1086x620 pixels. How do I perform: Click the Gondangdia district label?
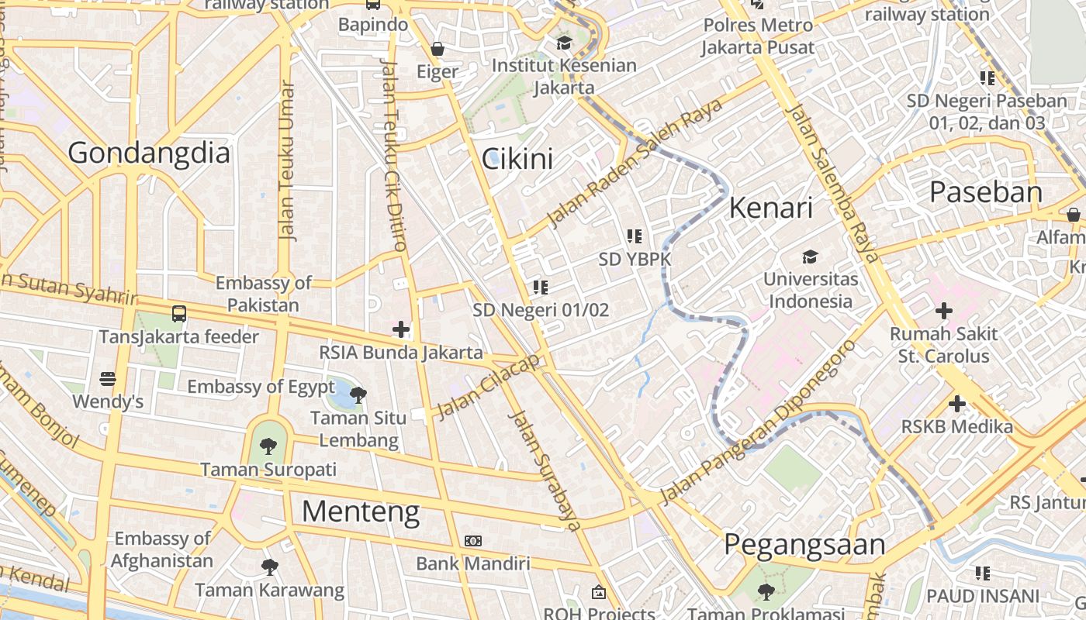149,153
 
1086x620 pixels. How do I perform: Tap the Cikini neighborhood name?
517,159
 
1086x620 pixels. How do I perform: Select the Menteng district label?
361,511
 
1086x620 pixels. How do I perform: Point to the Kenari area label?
771,208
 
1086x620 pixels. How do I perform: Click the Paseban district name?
986,192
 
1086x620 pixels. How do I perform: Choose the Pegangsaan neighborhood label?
804,545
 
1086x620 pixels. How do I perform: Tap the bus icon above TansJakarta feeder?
179,314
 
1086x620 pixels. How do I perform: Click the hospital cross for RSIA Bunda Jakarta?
401,330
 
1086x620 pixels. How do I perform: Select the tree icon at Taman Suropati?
268,446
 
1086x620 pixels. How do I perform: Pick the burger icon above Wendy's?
108,379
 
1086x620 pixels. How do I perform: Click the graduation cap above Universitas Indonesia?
810,257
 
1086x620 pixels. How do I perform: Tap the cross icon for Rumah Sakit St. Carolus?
944,312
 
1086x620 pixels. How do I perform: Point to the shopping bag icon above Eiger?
438,49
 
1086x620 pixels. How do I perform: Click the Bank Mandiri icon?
472,541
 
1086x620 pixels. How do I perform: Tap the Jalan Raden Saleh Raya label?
635,164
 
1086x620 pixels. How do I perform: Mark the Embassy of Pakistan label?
263,294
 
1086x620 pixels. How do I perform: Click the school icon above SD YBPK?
635,236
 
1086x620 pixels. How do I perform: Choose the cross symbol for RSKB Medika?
957,404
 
